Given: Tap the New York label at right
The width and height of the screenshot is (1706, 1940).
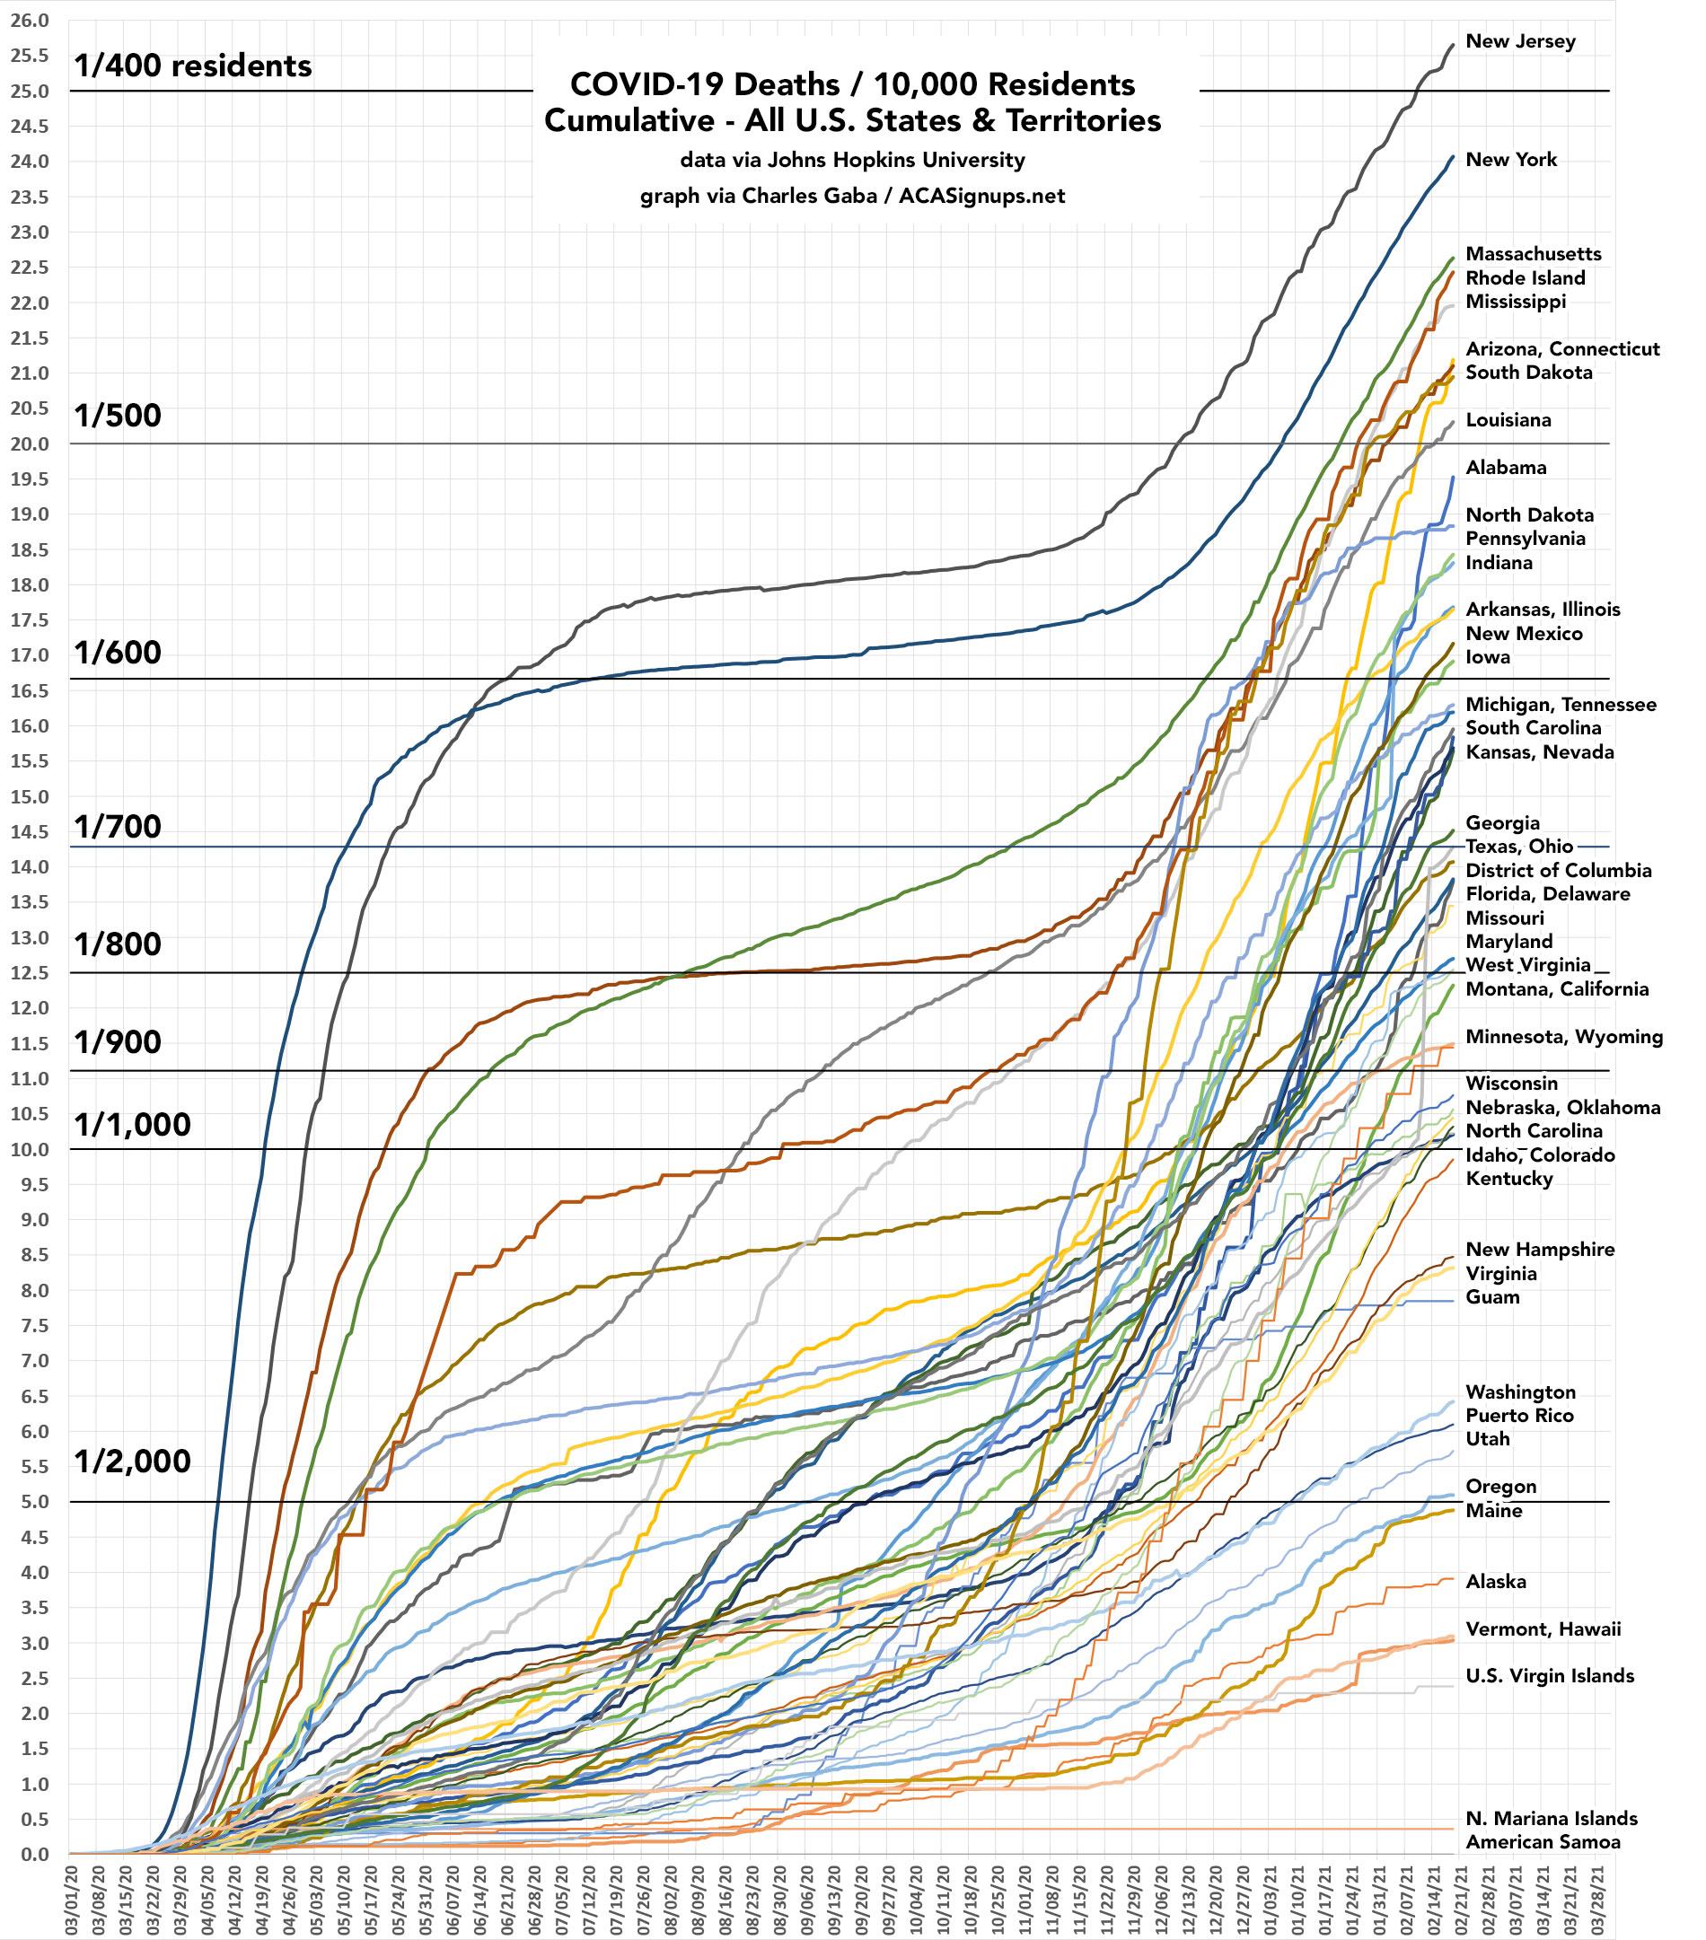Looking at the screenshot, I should coord(1510,160).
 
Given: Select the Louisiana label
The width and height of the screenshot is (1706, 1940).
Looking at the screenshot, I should coord(1508,419).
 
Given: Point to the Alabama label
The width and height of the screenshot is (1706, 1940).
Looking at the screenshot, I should coord(1506,467).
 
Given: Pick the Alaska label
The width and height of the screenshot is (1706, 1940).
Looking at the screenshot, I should coord(1496,1581).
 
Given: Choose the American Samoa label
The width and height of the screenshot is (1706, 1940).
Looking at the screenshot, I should coord(1543,1841).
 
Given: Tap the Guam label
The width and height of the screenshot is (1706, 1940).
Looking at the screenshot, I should coord(1492,1296).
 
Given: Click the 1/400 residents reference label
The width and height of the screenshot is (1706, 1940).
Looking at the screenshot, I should coord(193,66).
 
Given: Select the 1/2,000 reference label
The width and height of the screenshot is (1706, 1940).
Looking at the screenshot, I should coord(133,1461).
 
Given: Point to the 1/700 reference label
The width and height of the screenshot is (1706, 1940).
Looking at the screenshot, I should coord(118,827).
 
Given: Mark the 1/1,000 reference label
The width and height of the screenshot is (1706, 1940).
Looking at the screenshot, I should coord(133,1124).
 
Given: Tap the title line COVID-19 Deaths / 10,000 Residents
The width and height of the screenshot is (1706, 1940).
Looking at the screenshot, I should coord(851,84).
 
